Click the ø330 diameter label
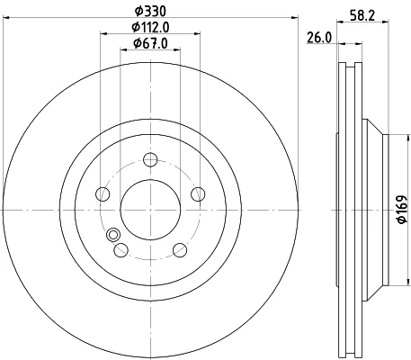click(x=150, y=12)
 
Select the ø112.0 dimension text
click(x=150, y=28)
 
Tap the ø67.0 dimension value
click(x=150, y=44)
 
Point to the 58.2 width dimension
click(x=362, y=15)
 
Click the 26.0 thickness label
click(x=319, y=38)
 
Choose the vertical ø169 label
click(x=402, y=210)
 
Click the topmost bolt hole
click(x=150, y=159)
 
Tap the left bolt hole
click(x=103, y=194)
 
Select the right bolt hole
click(x=198, y=194)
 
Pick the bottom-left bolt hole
click(x=121, y=250)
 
